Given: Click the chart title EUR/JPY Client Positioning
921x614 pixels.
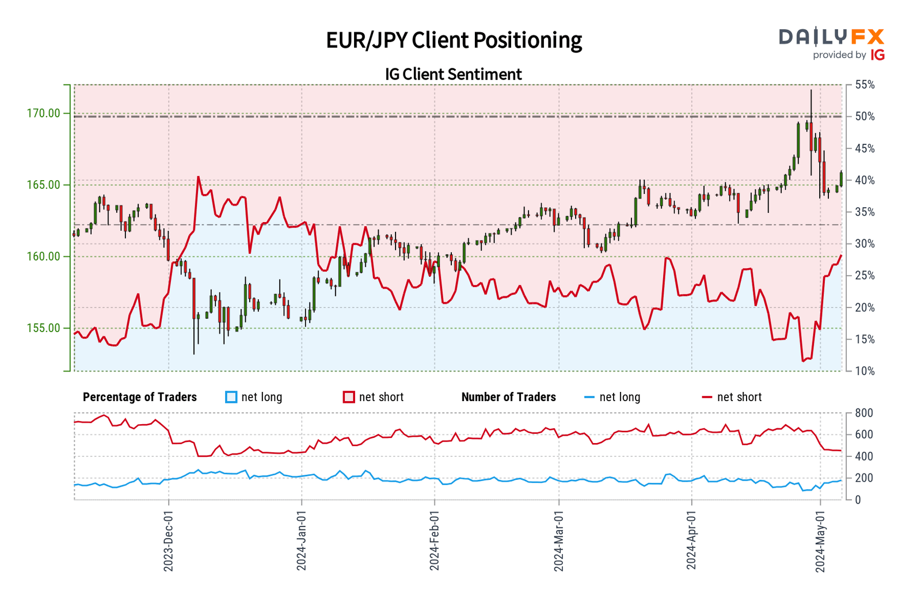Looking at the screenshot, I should coord(454,40).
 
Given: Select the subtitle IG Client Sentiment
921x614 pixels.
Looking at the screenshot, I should coord(454,74).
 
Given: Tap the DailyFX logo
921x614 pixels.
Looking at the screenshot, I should coord(831,44).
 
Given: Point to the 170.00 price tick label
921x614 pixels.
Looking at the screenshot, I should coord(43,113).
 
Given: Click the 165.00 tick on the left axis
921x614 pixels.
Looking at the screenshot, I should coord(43,185).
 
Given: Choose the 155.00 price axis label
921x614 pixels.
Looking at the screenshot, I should coord(43,328).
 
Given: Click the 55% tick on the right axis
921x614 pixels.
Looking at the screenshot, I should coord(865,85).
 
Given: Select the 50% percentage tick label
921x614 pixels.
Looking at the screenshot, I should coord(865,117).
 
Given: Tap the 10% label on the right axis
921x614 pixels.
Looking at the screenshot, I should coord(865,371).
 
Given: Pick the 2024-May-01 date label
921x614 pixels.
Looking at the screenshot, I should coord(820,541).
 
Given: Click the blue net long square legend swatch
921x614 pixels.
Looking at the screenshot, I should coord(231,397).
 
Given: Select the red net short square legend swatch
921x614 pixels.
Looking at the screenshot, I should coord(349,397).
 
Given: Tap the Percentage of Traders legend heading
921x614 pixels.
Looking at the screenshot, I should coord(140,397).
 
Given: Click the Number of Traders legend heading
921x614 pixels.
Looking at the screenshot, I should coord(508,397).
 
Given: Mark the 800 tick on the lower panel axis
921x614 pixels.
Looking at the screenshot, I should coord(863,413).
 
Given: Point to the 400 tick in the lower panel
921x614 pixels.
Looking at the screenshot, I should coord(863,456).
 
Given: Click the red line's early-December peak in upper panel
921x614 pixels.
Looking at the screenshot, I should coord(199,177).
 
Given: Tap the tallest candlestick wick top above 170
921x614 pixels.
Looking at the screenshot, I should coord(811,90).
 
